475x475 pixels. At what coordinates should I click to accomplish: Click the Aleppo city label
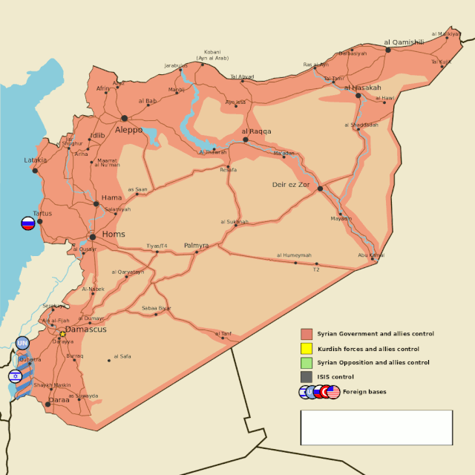point(128,130)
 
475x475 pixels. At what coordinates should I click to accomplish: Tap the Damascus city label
point(86,329)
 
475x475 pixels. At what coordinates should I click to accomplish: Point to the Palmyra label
point(196,245)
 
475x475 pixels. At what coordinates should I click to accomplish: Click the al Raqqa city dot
point(246,140)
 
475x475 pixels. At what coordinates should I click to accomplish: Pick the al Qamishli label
point(404,42)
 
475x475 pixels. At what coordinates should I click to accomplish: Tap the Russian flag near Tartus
point(28,223)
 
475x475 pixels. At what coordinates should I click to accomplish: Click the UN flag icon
point(22,343)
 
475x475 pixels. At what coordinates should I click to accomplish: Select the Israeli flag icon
point(16,376)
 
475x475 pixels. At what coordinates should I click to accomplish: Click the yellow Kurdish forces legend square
point(306,349)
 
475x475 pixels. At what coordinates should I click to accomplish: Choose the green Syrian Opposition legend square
point(306,363)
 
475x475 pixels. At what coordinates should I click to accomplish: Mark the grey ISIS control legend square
point(306,377)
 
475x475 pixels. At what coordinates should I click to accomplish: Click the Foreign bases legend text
point(364,392)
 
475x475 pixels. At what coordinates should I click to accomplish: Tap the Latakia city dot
point(35,171)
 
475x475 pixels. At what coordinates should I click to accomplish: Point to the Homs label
point(114,235)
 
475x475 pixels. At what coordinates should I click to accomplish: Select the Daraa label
point(59,401)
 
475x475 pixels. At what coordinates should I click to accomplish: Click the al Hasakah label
point(363,88)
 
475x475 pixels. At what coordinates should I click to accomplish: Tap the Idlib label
point(97,136)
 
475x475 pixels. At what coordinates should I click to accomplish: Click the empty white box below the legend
point(376,427)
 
